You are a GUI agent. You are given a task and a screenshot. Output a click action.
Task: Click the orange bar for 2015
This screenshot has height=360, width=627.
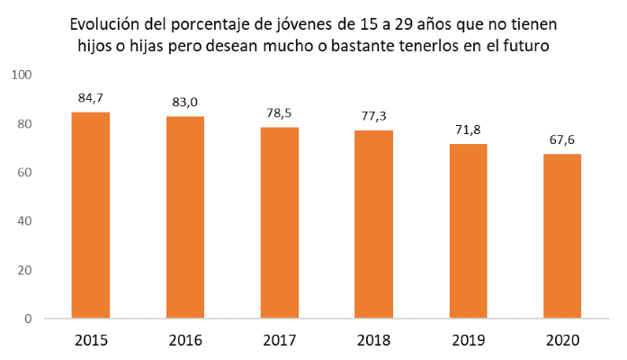pos(90,215)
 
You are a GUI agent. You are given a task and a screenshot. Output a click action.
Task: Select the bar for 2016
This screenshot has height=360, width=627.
pos(184,217)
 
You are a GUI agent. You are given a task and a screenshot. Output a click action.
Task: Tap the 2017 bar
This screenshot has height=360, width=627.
pos(279,222)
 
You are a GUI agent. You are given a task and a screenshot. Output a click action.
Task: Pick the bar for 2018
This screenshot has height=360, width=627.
pos(373,224)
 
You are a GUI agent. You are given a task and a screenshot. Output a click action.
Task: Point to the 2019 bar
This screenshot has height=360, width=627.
pos(468,231)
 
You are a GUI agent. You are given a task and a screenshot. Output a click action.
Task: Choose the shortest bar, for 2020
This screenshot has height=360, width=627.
pos(562,236)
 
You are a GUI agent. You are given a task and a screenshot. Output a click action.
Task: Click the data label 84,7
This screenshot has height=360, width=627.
pos(90,99)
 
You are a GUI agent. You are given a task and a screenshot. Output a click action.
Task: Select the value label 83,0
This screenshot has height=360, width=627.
pos(184,103)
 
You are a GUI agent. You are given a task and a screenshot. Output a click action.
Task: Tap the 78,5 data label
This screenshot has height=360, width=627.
pos(279,113)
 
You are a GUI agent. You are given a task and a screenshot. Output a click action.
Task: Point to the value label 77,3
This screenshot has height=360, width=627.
pos(373,117)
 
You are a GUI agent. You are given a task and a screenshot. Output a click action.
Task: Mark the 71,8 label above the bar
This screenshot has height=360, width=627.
pos(468,130)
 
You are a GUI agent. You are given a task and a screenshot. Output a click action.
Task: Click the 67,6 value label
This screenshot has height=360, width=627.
pos(562,140)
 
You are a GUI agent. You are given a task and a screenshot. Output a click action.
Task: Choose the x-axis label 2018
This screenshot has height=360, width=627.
pos(373,341)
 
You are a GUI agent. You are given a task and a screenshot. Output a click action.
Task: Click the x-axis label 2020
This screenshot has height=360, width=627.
pos(562,341)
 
